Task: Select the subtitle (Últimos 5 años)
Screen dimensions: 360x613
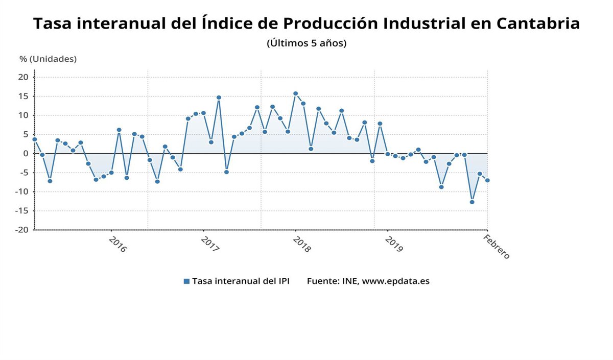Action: (x=306, y=43)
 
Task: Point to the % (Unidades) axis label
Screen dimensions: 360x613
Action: (x=48, y=59)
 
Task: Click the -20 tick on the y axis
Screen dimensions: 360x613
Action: (x=22, y=230)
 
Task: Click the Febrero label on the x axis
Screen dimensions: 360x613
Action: (x=497, y=247)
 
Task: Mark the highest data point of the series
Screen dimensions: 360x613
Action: (x=295, y=93)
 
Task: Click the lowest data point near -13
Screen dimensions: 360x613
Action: (x=472, y=202)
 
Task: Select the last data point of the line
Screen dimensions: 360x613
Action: (x=487, y=180)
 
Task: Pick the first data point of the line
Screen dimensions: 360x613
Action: (x=35, y=139)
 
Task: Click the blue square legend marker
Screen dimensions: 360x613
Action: (x=186, y=281)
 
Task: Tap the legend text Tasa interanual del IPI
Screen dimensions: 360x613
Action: (x=241, y=281)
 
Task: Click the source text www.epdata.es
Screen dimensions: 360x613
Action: (x=395, y=281)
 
